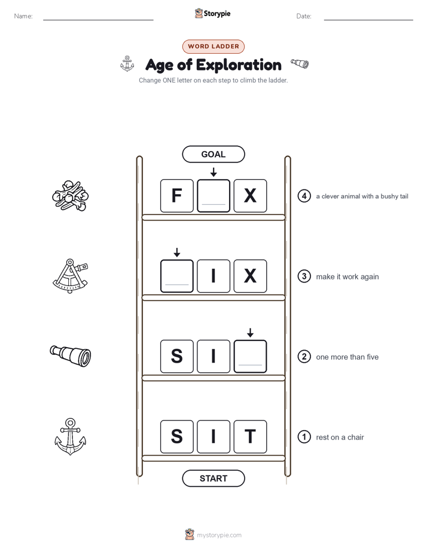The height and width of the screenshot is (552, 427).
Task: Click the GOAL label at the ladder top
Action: click(x=213, y=154)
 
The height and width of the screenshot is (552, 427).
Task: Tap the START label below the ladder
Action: click(x=213, y=479)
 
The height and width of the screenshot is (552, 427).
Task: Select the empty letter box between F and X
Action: click(x=213, y=196)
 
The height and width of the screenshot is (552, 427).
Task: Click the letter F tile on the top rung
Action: click(x=177, y=196)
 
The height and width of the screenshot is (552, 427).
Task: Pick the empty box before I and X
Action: click(x=177, y=276)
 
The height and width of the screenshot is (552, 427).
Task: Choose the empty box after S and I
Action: click(x=250, y=356)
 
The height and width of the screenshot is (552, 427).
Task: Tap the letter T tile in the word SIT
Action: click(x=250, y=437)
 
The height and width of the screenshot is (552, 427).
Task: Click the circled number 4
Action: click(x=304, y=196)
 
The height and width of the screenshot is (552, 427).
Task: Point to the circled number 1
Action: click(x=304, y=437)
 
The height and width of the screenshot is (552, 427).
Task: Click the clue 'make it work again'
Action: click(x=347, y=277)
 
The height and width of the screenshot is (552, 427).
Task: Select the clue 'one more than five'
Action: click(x=347, y=357)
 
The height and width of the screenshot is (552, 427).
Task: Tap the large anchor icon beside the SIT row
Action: click(x=71, y=437)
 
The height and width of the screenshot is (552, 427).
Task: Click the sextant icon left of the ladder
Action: click(x=71, y=276)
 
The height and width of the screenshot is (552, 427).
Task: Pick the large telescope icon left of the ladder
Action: click(x=71, y=356)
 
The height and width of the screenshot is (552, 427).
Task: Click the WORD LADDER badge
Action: click(x=213, y=47)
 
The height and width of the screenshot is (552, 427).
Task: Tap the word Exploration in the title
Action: click(x=239, y=65)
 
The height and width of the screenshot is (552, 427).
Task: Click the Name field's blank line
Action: click(x=98, y=20)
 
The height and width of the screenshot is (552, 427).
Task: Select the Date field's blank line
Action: click(x=368, y=20)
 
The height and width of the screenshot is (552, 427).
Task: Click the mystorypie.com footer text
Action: click(x=219, y=535)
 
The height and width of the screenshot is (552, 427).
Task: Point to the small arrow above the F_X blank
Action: click(x=213, y=172)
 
